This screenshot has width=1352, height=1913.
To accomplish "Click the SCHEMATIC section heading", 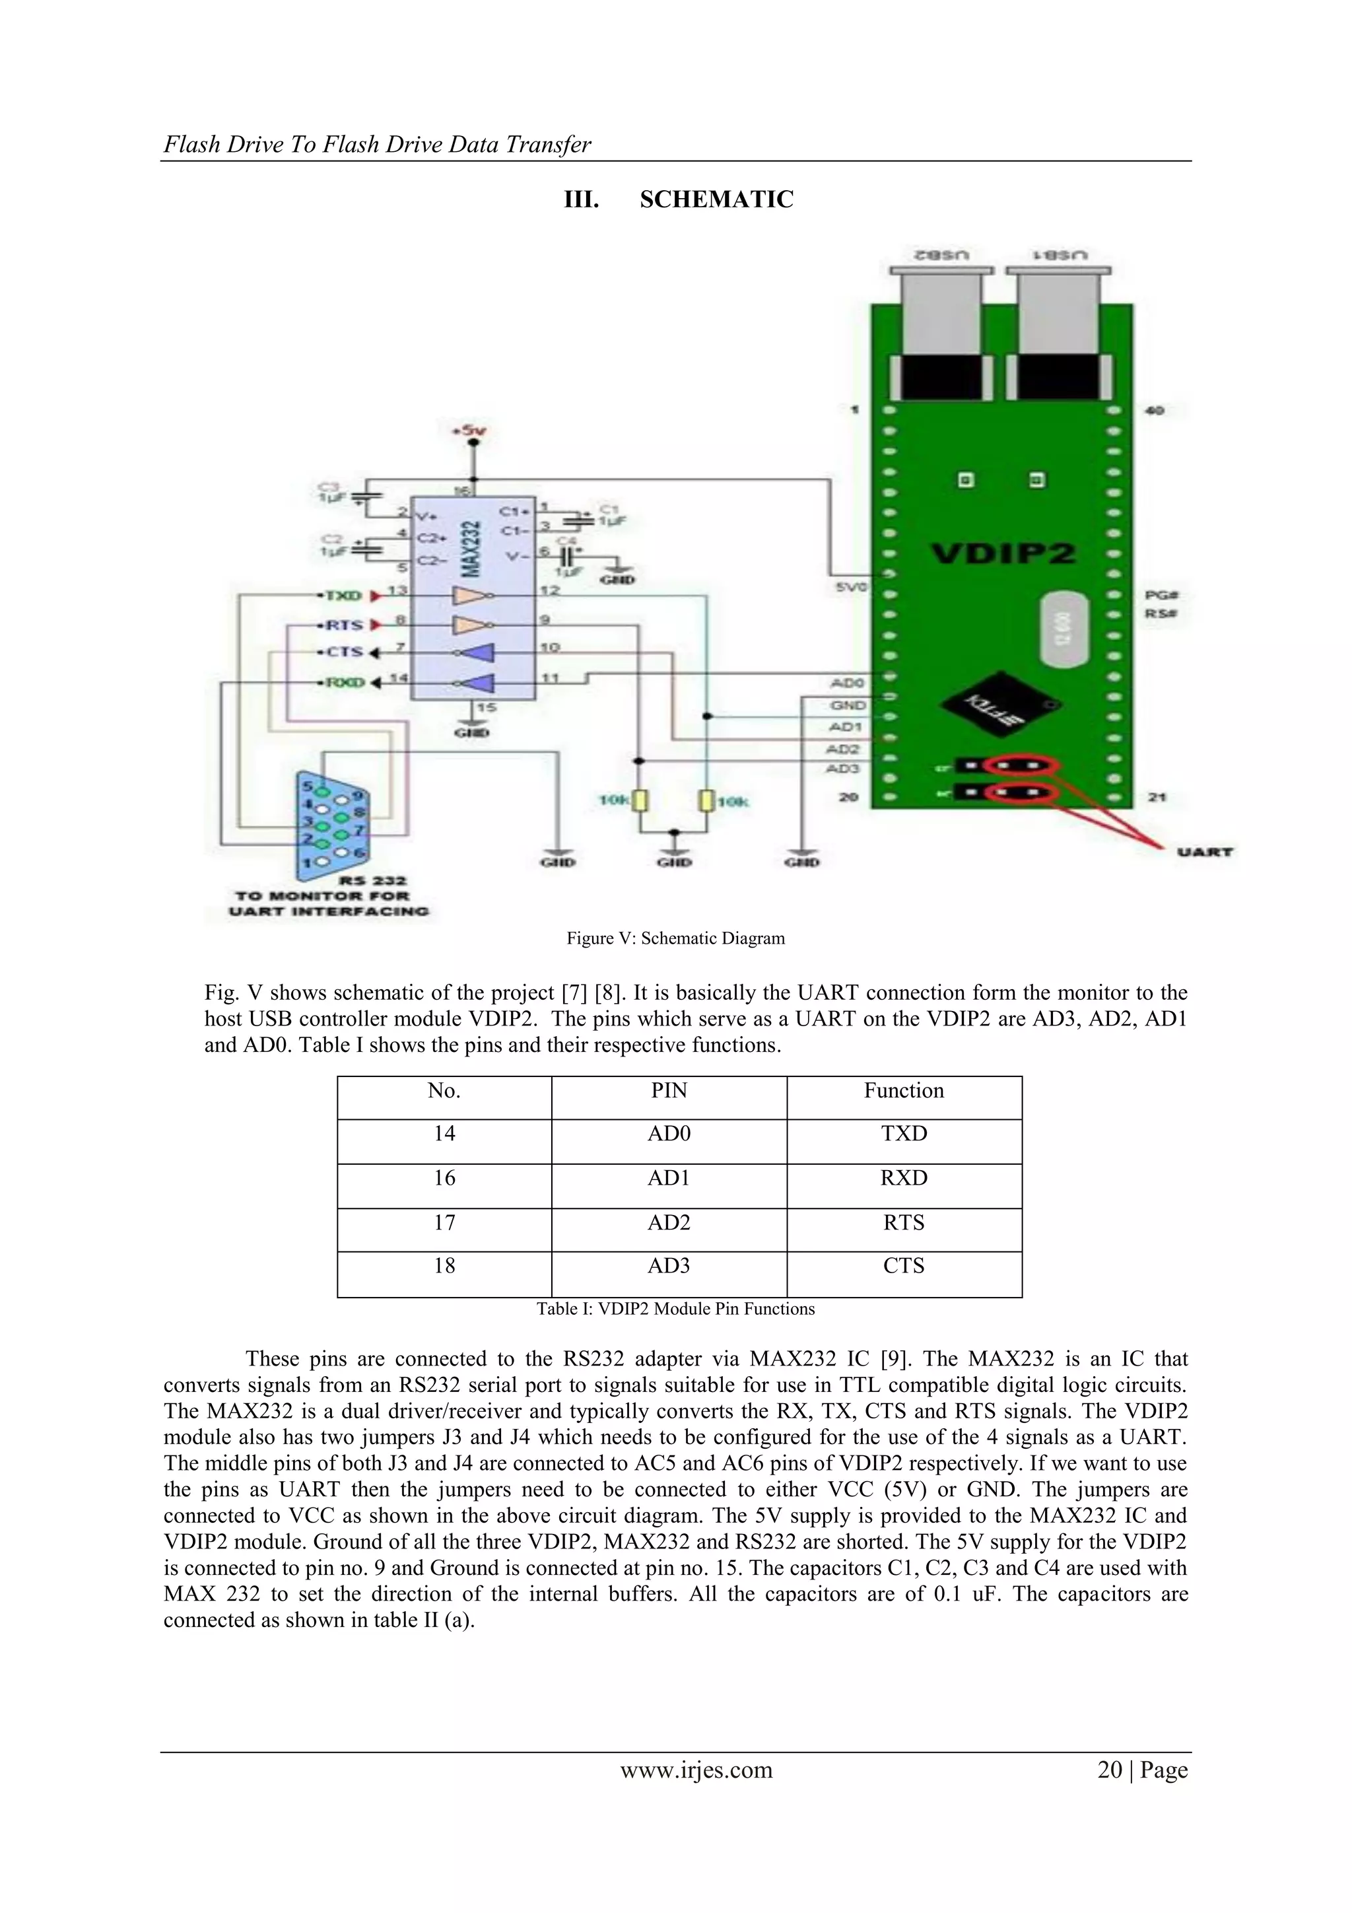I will click(x=716, y=200).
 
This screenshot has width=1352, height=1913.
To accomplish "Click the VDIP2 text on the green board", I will click(x=1003, y=554).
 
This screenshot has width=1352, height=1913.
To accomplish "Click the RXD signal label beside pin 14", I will click(x=344, y=682).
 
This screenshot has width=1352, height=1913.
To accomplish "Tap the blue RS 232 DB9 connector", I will click(x=333, y=821).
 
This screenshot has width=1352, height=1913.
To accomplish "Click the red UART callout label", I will click(x=1205, y=852).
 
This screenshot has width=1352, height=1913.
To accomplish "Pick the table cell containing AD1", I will click(x=669, y=1178).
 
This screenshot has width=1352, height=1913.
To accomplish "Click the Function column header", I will click(x=904, y=1091).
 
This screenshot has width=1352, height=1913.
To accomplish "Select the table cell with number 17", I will click(x=444, y=1222).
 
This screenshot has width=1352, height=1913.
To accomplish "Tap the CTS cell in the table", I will click(x=904, y=1266).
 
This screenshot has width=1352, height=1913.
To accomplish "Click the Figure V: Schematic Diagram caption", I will click(x=675, y=938).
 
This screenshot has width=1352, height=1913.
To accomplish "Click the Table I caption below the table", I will click(x=675, y=1309).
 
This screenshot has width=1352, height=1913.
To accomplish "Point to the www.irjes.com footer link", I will click(x=696, y=1770).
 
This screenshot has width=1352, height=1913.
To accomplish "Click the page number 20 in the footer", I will click(x=1110, y=1770).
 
